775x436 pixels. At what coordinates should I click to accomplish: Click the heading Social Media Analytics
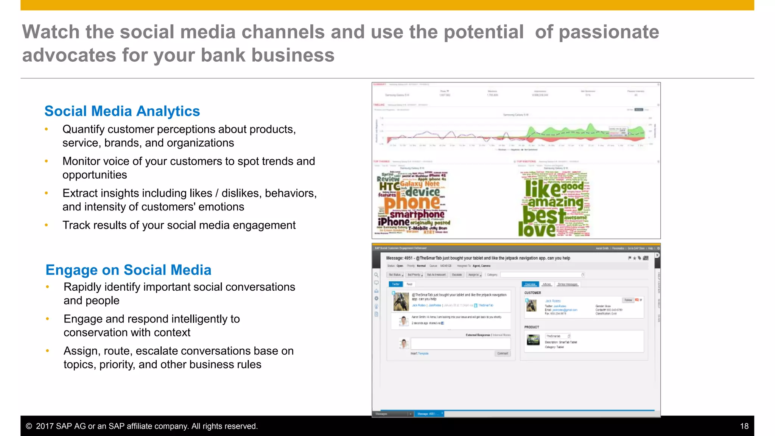[x=122, y=111]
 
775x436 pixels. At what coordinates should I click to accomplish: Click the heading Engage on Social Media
[x=128, y=270]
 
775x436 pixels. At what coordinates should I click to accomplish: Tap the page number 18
[x=744, y=426]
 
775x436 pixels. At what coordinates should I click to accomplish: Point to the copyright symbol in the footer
[x=29, y=426]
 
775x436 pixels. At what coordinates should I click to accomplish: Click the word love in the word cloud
[x=537, y=229]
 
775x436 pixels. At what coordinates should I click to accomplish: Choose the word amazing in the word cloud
[x=556, y=202]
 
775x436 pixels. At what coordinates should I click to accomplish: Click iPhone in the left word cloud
[x=394, y=222]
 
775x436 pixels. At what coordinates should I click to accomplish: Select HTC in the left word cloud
[x=389, y=186]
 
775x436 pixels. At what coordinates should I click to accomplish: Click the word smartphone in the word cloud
[x=417, y=215]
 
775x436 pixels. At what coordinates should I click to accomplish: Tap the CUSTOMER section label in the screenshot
[x=532, y=293]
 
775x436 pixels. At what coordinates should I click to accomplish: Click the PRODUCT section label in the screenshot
[x=532, y=327]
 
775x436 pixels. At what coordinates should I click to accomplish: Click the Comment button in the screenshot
[x=503, y=353]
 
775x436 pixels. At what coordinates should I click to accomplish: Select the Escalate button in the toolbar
[x=457, y=275]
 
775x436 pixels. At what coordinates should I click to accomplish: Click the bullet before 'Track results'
[x=47, y=225]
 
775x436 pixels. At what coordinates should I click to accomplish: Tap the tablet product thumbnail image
[x=533, y=340]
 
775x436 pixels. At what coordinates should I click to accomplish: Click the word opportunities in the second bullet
[x=95, y=175]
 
